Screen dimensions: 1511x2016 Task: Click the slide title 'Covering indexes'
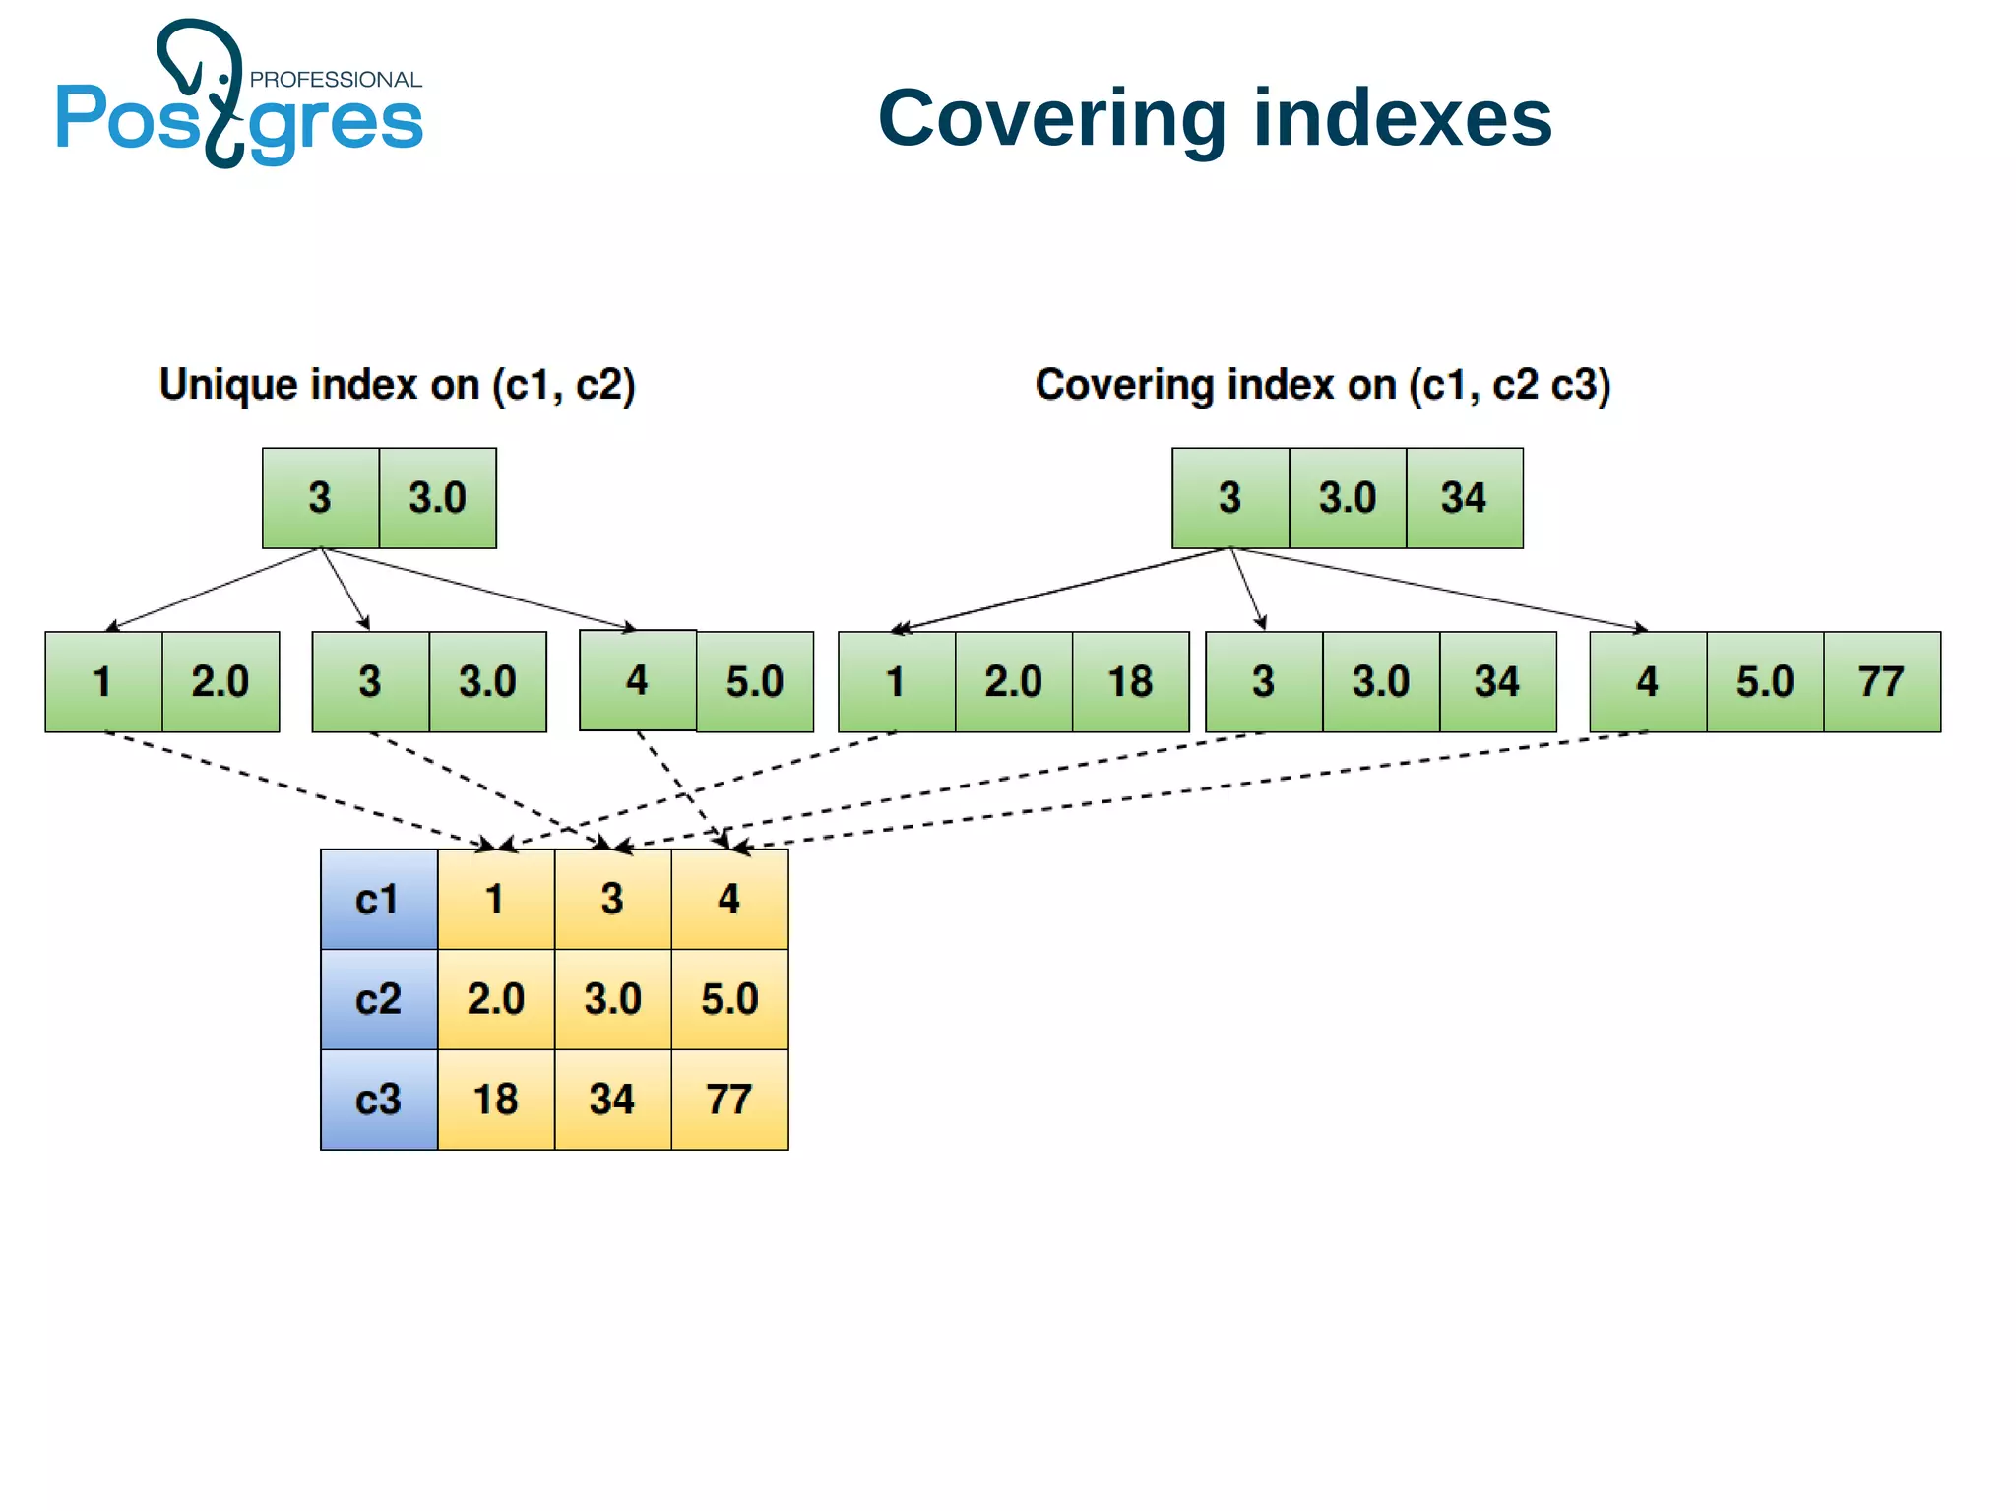click(x=1214, y=118)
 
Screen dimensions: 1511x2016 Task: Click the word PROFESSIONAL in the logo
click(x=335, y=80)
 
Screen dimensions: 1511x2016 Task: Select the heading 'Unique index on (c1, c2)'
click(x=397, y=384)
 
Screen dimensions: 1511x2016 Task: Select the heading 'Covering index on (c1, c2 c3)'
click(x=1322, y=384)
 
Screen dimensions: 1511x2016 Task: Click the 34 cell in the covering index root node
click(x=1464, y=498)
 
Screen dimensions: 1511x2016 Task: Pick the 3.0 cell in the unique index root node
click(x=437, y=498)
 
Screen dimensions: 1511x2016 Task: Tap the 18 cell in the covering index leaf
click(x=1130, y=682)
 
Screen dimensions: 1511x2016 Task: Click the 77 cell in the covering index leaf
click(x=1881, y=682)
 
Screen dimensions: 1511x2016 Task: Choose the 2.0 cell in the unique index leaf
click(x=220, y=682)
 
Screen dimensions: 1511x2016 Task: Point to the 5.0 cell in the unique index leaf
click(x=754, y=682)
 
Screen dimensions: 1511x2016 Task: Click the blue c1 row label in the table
click(x=379, y=900)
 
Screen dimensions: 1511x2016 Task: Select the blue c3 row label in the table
click(x=379, y=1100)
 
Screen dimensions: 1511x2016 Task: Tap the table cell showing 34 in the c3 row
click(x=612, y=1100)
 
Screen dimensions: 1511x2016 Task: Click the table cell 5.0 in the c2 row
click(x=729, y=999)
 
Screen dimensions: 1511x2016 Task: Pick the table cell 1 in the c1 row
click(x=495, y=900)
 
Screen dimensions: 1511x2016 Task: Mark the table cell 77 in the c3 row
click(x=729, y=1100)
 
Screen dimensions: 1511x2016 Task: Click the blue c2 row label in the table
click(x=379, y=999)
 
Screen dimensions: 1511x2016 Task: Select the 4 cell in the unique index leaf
click(x=638, y=680)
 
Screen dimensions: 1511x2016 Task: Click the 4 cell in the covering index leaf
click(x=1648, y=682)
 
